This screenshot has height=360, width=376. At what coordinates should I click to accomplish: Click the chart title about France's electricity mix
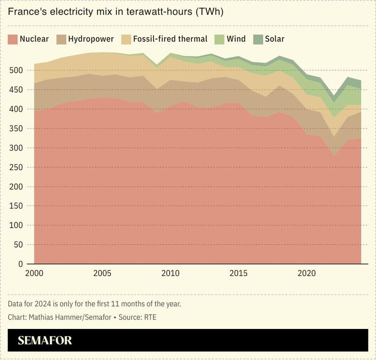click(x=115, y=12)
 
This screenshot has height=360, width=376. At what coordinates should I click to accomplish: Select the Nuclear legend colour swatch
click(x=13, y=39)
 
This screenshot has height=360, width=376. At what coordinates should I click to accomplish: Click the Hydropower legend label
click(x=91, y=39)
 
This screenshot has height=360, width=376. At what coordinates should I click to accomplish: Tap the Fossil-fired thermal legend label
click(x=170, y=39)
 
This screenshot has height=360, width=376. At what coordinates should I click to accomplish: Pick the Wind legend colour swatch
click(x=220, y=39)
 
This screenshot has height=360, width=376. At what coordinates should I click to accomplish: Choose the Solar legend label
click(x=274, y=39)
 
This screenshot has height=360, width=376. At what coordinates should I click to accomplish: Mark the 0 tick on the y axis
click(x=20, y=264)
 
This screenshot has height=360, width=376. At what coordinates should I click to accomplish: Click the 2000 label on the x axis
click(x=34, y=274)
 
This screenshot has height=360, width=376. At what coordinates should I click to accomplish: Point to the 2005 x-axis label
click(x=102, y=274)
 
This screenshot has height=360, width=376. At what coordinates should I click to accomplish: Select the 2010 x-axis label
click(x=170, y=274)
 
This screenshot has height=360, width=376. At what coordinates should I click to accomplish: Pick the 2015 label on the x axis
click(x=238, y=274)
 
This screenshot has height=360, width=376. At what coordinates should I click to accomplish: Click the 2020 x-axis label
click(x=306, y=274)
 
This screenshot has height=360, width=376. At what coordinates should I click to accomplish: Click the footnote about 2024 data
click(x=95, y=304)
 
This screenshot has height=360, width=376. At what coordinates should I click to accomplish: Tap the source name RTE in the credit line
click(x=150, y=317)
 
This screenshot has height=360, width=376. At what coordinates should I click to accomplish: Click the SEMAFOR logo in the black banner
click(x=45, y=340)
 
